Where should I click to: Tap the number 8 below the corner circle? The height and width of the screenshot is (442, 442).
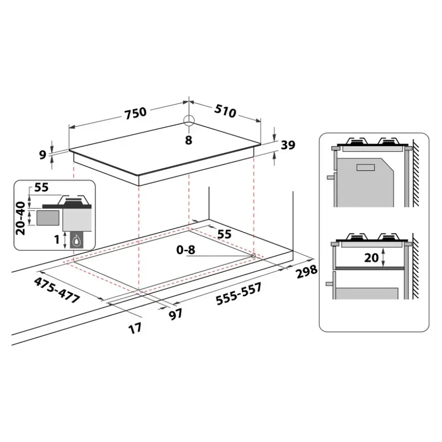188,140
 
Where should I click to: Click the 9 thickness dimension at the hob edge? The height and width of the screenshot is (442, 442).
43,155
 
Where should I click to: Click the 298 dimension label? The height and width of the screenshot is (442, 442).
306,273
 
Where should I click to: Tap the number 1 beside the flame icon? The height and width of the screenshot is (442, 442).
57,239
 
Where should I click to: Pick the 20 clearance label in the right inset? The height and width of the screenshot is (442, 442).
372,257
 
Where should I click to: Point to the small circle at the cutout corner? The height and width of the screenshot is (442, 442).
253,256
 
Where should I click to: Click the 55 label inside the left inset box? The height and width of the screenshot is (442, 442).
41,188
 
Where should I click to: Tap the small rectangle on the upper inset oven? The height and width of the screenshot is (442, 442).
365,167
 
